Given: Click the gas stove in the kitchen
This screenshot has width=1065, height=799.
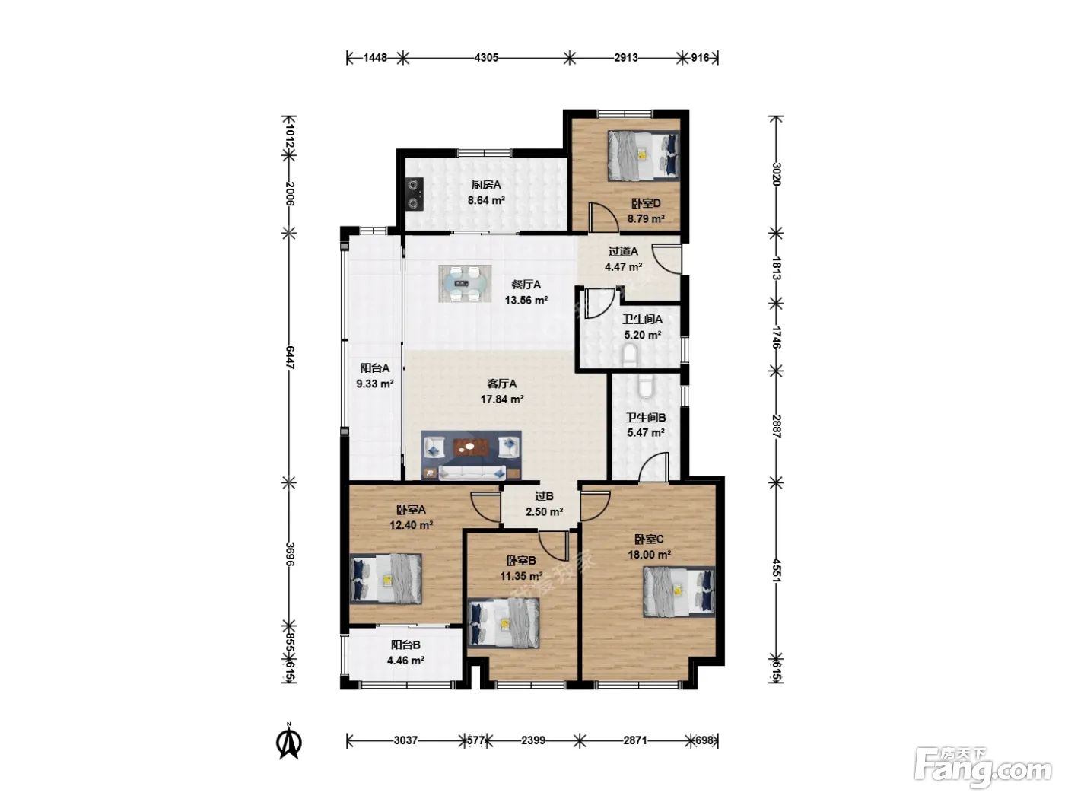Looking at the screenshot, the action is coord(415,194).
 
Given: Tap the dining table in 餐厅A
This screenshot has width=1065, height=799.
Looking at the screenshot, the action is coord(465,283).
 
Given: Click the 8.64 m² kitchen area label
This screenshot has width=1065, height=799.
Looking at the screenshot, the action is coord(486,200).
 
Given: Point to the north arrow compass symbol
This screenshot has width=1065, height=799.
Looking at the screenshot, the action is coord(289,740).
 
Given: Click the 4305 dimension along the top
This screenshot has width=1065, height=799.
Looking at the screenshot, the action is coord(486,58).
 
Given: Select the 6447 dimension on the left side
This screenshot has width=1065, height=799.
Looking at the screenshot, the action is coord(290,358).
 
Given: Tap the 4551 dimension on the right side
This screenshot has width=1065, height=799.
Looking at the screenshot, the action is coord(777,571).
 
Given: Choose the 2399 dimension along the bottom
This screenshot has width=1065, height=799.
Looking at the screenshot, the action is coord(532,740).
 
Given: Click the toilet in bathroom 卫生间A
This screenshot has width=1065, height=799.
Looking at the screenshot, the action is coord(630,355).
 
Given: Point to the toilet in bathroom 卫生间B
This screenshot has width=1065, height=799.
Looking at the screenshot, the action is coord(646,386).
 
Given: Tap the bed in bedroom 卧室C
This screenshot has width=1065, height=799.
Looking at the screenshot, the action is coord(679,592).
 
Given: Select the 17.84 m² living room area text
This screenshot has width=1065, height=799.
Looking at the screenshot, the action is coord(501,399).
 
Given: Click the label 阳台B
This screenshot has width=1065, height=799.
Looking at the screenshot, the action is coord(405,645).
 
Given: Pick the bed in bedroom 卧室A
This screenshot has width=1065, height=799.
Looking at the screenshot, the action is coord(386,579).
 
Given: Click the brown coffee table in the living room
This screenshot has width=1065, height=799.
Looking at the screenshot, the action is coord(471,447).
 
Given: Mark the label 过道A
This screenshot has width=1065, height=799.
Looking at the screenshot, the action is coord(623,251).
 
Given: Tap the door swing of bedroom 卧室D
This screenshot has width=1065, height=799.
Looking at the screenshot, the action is coord(602,217).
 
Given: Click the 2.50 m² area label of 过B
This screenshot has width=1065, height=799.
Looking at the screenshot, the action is coord(545,512).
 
